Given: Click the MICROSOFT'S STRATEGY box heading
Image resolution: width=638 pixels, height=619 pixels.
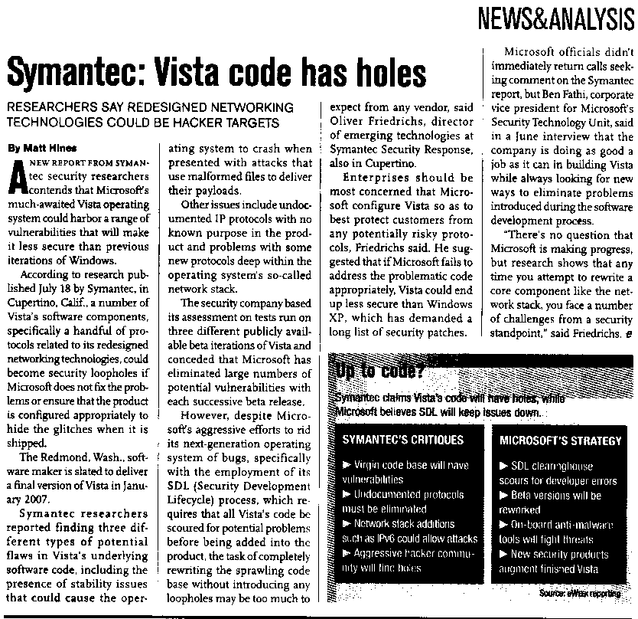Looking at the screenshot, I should coord(561,441).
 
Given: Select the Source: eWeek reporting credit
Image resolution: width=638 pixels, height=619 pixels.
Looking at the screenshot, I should coord(581,593).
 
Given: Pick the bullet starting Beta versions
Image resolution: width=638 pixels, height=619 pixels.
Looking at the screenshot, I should coord(555,496).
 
